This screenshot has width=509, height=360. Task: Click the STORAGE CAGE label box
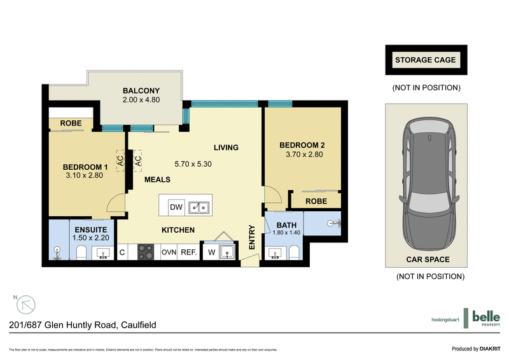(x=426, y=60)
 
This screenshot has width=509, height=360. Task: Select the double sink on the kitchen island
(x=200, y=207)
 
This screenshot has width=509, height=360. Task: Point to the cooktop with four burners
(x=146, y=252)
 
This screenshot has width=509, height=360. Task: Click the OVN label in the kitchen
(x=169, y=253)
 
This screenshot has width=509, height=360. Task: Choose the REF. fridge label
(x=188, y=253)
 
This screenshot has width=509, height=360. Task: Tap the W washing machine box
(x=211, y=253)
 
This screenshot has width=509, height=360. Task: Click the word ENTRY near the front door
(x=252, y=237)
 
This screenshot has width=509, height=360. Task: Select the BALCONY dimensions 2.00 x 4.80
(x=141, y=100)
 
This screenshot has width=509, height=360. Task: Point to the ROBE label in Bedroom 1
(x=71, y=123)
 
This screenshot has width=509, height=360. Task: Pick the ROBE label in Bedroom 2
(x=316, y=201)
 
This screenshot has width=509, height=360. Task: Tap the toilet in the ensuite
(x=81, y=254)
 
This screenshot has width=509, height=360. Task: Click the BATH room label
(x=286, y=225)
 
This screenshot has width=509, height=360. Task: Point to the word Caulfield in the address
(x=138, y=325)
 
